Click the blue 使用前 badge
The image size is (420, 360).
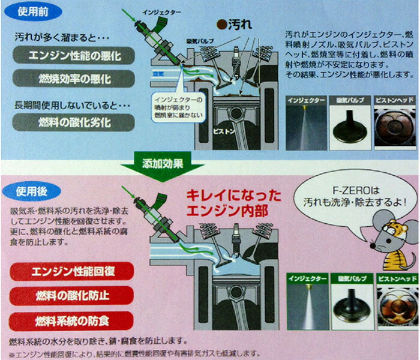pyautogui.click(x=32, y=12)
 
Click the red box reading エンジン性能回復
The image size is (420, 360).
pyautogui.click(x=72, y=271)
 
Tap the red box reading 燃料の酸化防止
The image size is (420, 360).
pyautogui.click(x=72, y=295)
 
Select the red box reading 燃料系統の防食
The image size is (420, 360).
pyautogui.click(x=72, y=319)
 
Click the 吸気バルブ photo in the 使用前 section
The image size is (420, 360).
pyautogui.click(x=350, y=118)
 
